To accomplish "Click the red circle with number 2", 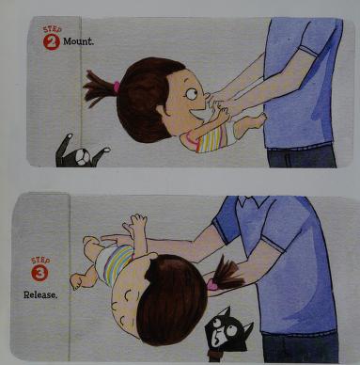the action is [x=52, y=41].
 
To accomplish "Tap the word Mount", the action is [x=78, y=41].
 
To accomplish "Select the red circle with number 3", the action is [x=40, y=273].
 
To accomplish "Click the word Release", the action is [x=40, y=294].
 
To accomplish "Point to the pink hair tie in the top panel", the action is [x=117, y=87].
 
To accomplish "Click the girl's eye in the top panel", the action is [x=192, y=93].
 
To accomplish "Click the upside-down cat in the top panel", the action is [x=80, y=152].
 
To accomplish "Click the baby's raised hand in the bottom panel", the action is [x=135, y=222].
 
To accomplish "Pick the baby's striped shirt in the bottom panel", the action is [x=117, y=262].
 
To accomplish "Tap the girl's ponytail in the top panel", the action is [x=99, y=88].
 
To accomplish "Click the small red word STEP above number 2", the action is [x=53, y=30].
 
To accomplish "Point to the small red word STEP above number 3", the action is [x=40, y=261].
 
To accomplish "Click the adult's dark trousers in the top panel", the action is [x=302, y=156].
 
